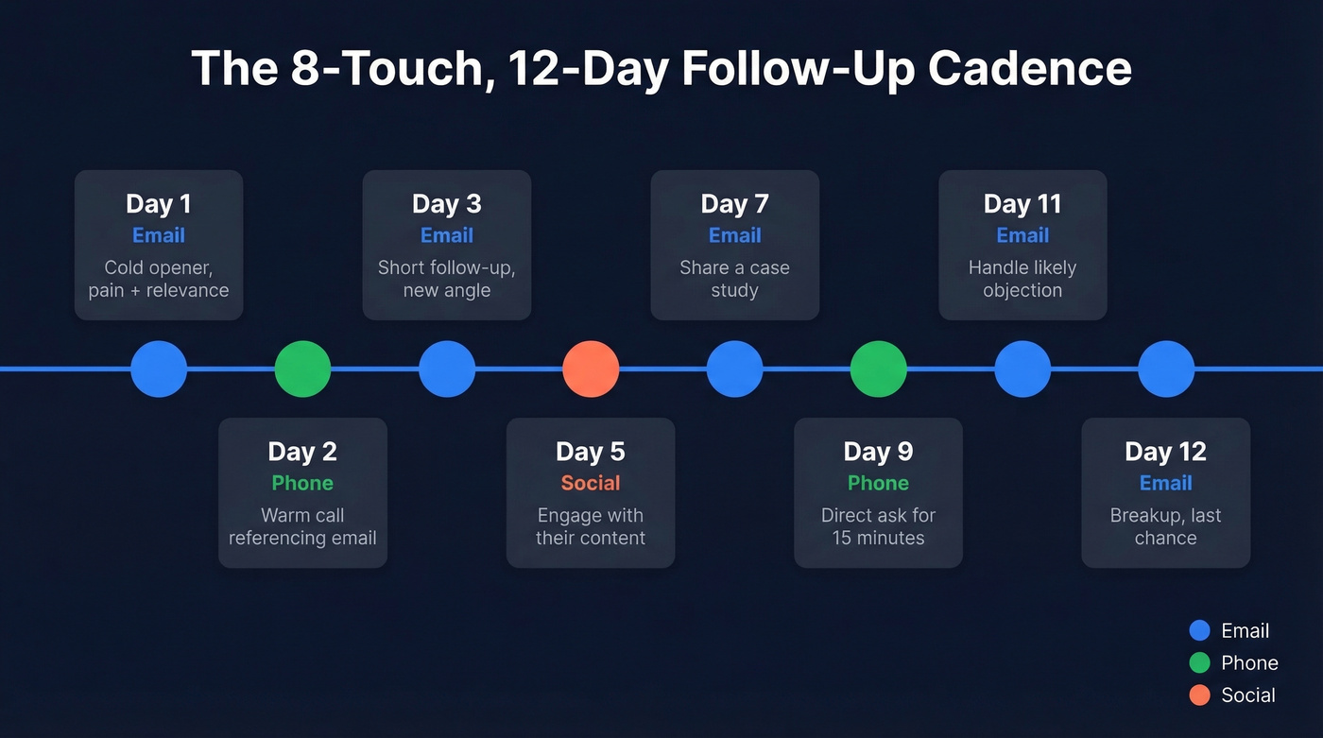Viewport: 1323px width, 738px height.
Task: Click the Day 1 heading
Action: coord(159,203)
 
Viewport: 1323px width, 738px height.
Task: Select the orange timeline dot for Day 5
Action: coord(591,369)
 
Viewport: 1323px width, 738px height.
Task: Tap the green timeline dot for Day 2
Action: coord(302,369)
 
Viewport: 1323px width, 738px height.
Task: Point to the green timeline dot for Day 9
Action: coord(878,369)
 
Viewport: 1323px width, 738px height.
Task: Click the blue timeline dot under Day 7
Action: coord(734,369)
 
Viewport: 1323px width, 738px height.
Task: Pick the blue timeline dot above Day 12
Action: coord(1165,369)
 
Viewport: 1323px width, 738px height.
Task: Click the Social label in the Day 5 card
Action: coord(591,483)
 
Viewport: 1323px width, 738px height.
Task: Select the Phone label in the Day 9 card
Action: coord(878,483)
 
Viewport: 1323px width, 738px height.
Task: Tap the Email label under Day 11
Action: coord(1022,235)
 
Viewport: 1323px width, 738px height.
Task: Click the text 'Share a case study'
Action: coord(734,279)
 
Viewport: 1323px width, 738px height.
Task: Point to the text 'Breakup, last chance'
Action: coord(1165,526)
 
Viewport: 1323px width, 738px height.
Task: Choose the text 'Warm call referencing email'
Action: coord(302,526)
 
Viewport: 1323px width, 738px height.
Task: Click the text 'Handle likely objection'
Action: coord(1022,279)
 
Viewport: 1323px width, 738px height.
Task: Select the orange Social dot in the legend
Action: coord(1199,695)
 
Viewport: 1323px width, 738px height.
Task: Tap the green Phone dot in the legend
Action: coord(1199,663)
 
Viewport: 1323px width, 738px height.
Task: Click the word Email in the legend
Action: coord(1245,631)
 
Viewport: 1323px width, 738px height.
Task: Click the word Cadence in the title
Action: coord(1029,69)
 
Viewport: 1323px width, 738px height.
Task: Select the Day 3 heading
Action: coord(447,203)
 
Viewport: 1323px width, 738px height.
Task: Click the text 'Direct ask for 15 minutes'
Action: coord(878,526)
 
